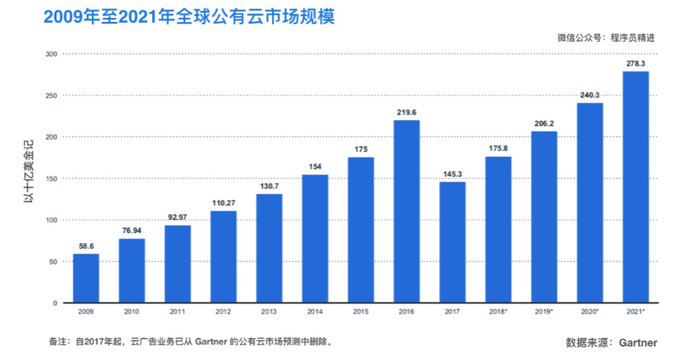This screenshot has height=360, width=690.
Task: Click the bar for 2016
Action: [x=407, y=211]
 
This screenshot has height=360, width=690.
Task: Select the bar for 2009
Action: [x=86, y=278]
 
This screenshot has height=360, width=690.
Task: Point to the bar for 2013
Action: [x=270, y=248]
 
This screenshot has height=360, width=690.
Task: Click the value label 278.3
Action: [x=636, y=63]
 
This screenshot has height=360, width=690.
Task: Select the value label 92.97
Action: [x=178, y=216]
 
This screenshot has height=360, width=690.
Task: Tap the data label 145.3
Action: [x=452, y=173]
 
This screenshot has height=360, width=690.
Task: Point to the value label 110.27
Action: [x=223, y=202]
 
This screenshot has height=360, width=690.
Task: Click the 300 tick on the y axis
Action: [x=51, y=54]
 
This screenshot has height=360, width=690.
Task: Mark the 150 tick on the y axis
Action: [x=51, y=178]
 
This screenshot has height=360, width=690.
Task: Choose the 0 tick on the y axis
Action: [x=55, y=303]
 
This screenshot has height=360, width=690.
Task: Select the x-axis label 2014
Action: [x=315, y=313]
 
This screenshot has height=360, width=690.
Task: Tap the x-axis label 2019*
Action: [x=544, y=313]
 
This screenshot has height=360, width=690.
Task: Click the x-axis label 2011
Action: [x=178, y=313]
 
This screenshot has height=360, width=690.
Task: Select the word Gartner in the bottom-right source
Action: [x=637, y=343]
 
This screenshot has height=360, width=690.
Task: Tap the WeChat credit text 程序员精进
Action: [x=636, y=37]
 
